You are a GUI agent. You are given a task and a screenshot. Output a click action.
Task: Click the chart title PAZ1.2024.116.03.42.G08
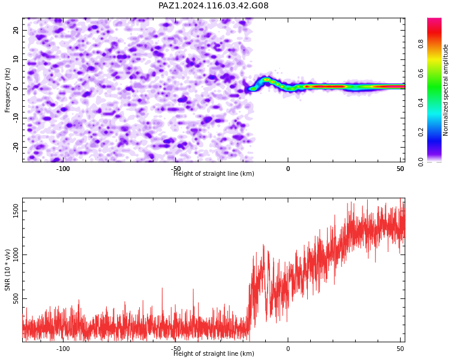pos(214,5)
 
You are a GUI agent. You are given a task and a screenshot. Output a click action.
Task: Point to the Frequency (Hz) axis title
pos(7,90)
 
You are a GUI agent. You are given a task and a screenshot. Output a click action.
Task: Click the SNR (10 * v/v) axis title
pos(7,270)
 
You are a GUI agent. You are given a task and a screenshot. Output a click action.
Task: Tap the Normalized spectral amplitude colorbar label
pos(445,90)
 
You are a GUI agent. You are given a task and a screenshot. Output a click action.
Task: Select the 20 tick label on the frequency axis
pos(16,30)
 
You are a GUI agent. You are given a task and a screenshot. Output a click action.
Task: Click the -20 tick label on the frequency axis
pos(16,147)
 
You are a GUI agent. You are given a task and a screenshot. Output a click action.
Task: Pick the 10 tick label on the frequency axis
pos(16,59)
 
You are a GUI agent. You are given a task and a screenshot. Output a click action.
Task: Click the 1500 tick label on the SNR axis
pos(16,211)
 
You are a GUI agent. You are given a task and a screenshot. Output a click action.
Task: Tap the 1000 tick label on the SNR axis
pos(16,254)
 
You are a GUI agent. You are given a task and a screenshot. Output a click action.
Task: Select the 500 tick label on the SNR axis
pos(16,299)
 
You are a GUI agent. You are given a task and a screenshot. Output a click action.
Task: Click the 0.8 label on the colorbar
pos(421,44)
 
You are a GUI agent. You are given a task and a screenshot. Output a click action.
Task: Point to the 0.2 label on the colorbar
pos(421,133)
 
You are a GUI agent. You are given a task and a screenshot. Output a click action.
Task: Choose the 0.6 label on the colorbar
pos(421,73)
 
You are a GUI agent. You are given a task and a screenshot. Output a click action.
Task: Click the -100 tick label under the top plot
pos(63,169)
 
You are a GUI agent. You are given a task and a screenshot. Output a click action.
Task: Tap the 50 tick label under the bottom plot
pos(401,349)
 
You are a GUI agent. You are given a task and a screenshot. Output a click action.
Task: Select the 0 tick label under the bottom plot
pos(288,349)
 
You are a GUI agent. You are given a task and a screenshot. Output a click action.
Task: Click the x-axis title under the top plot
pos(214,173)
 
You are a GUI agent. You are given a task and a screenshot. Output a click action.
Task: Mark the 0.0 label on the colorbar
pos(421,162)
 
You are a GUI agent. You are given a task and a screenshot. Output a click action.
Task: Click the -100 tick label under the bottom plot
pos(63,349)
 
